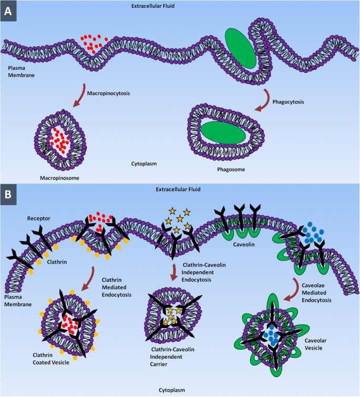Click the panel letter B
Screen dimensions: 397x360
(9, 193)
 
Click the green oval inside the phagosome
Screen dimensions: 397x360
(223, 132)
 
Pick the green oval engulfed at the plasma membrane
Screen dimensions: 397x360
(241, 48)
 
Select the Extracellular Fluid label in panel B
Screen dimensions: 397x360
(180, 189)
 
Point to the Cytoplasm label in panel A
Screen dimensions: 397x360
(145, 163)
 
